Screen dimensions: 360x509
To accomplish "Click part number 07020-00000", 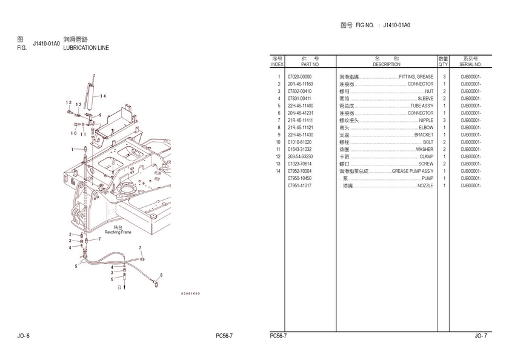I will [x=299, y=77].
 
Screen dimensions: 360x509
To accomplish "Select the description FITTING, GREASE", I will [x=416, y=77].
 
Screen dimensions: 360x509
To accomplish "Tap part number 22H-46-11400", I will [x=301, y=106].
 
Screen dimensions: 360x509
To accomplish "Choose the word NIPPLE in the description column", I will [x=426, y=121].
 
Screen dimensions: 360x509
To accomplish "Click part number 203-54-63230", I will [x=301, y=156].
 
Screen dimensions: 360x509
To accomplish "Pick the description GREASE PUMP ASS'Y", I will [x=412, y=171].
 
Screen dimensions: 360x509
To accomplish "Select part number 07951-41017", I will [x=299, y=185].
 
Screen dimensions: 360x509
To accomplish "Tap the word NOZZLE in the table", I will [x=425, y=185].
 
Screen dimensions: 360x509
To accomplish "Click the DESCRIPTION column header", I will [x=387, y=64].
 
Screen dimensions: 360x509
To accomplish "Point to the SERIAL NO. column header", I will [x=471, y=64].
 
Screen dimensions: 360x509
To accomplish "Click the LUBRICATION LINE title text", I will [x=86, y=47].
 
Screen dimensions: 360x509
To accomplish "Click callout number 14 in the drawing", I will [x=103, y=96].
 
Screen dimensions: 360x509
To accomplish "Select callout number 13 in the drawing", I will [x=70, y=102].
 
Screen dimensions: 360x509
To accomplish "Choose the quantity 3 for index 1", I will [x=444, y=77].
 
